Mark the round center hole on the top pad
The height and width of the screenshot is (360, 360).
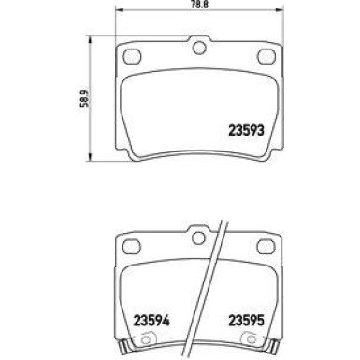point(198,49)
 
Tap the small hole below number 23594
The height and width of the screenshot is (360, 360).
point(149,337)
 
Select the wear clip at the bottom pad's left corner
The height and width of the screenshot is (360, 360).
point(126,352)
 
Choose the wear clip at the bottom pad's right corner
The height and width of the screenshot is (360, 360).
point(271,352)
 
